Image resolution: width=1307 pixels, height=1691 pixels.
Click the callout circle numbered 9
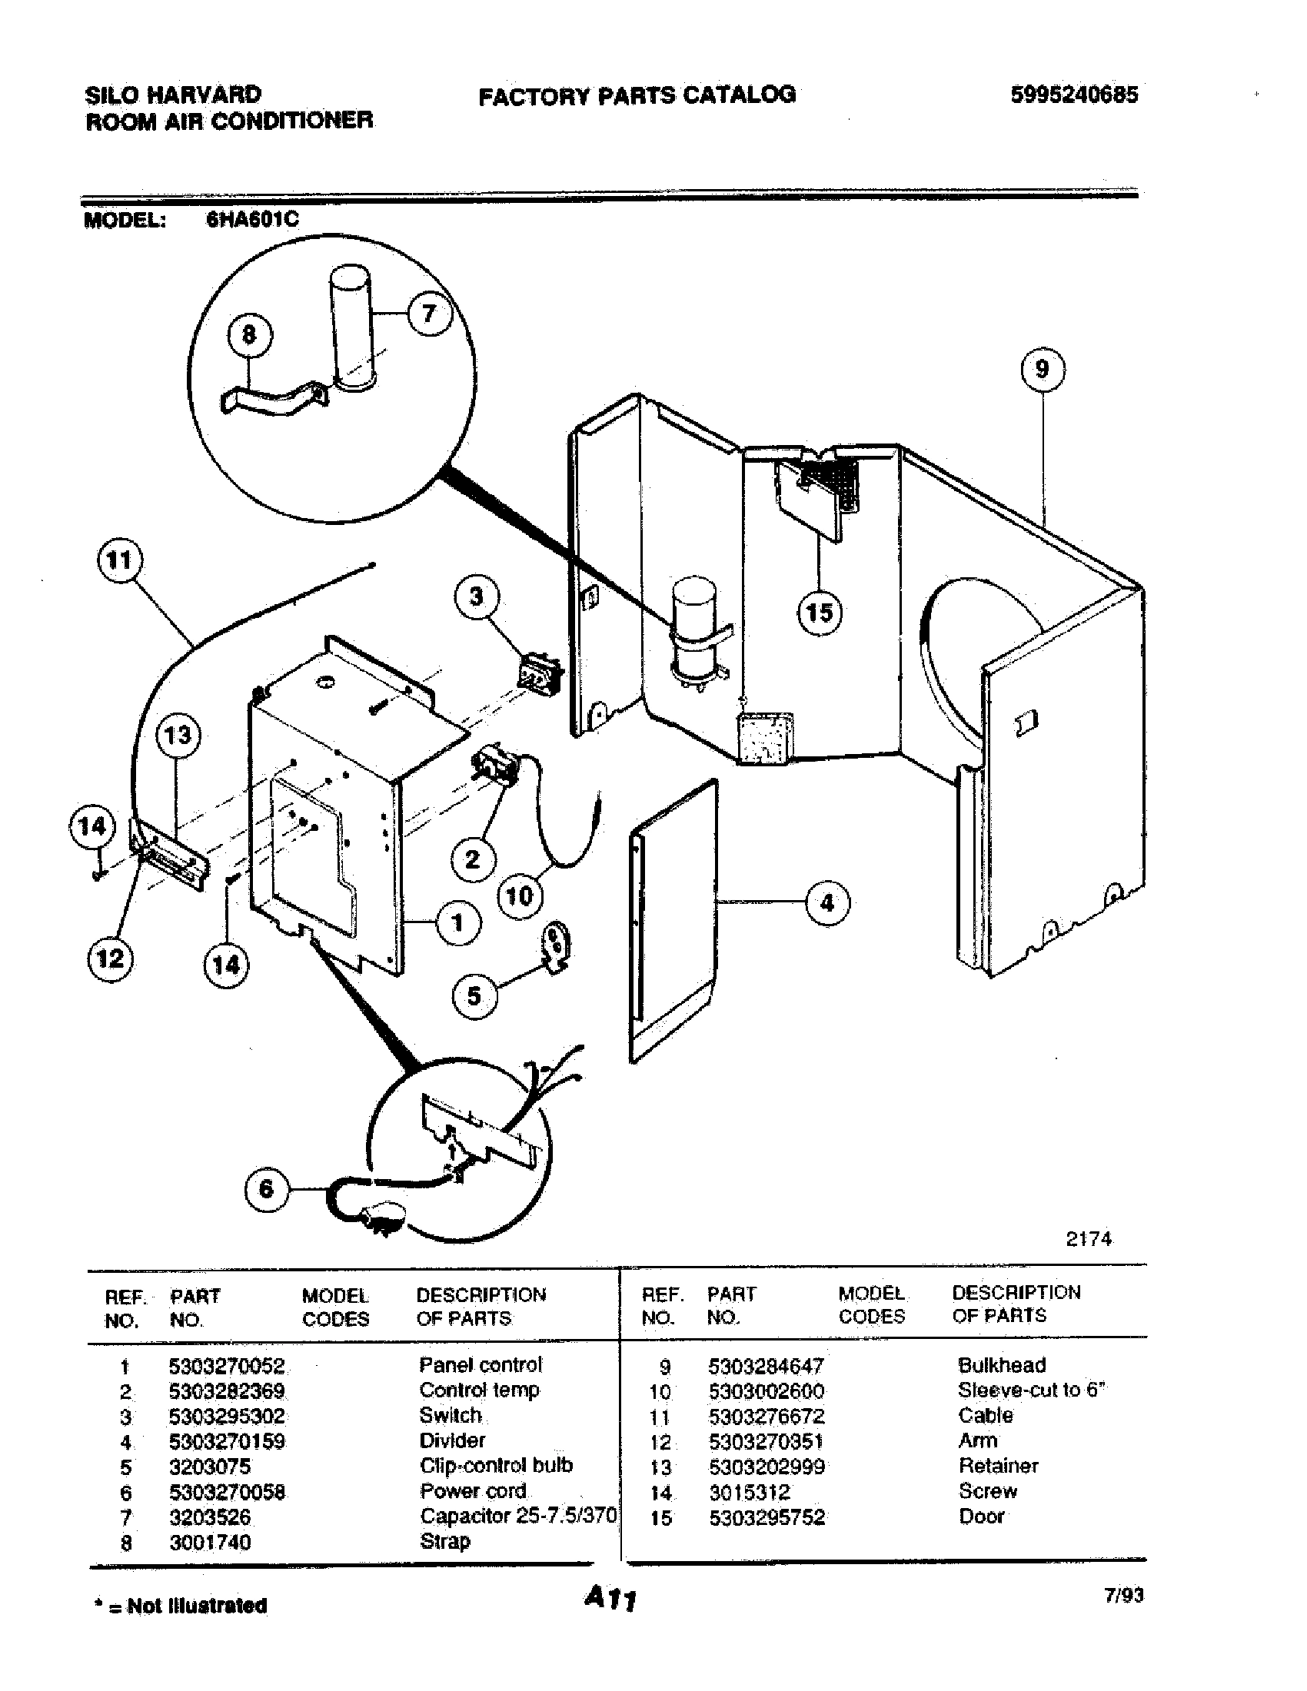(x=1043, y=370)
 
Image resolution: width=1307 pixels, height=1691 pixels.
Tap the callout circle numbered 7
(x=429, y=314)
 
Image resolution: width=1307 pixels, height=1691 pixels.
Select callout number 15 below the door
(x=820, y=613)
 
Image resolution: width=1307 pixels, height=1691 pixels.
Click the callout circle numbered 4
(x=828, y=902)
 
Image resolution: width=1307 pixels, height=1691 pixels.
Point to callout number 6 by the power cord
(x=266, y=1188)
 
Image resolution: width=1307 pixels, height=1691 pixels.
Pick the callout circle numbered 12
(x=109, y=958)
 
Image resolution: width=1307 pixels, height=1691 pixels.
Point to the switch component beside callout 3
(x=540, y=671)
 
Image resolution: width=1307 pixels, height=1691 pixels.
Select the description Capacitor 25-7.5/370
(x=517, y=1516)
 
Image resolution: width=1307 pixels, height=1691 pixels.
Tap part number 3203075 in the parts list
(x=210, y=1467)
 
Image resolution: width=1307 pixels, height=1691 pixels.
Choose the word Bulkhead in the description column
(x=1001, y=1365)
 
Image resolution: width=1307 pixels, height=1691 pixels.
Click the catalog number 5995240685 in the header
(x=1074, y=95)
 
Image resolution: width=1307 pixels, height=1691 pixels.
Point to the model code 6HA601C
(x=252, y=220)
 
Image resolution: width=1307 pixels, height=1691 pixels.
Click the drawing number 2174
(x=1088, y=1240)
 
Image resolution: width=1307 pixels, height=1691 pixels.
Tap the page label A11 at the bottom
(x=610, y=1597)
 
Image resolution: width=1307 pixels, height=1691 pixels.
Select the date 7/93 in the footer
(x=1123, y=1595)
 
